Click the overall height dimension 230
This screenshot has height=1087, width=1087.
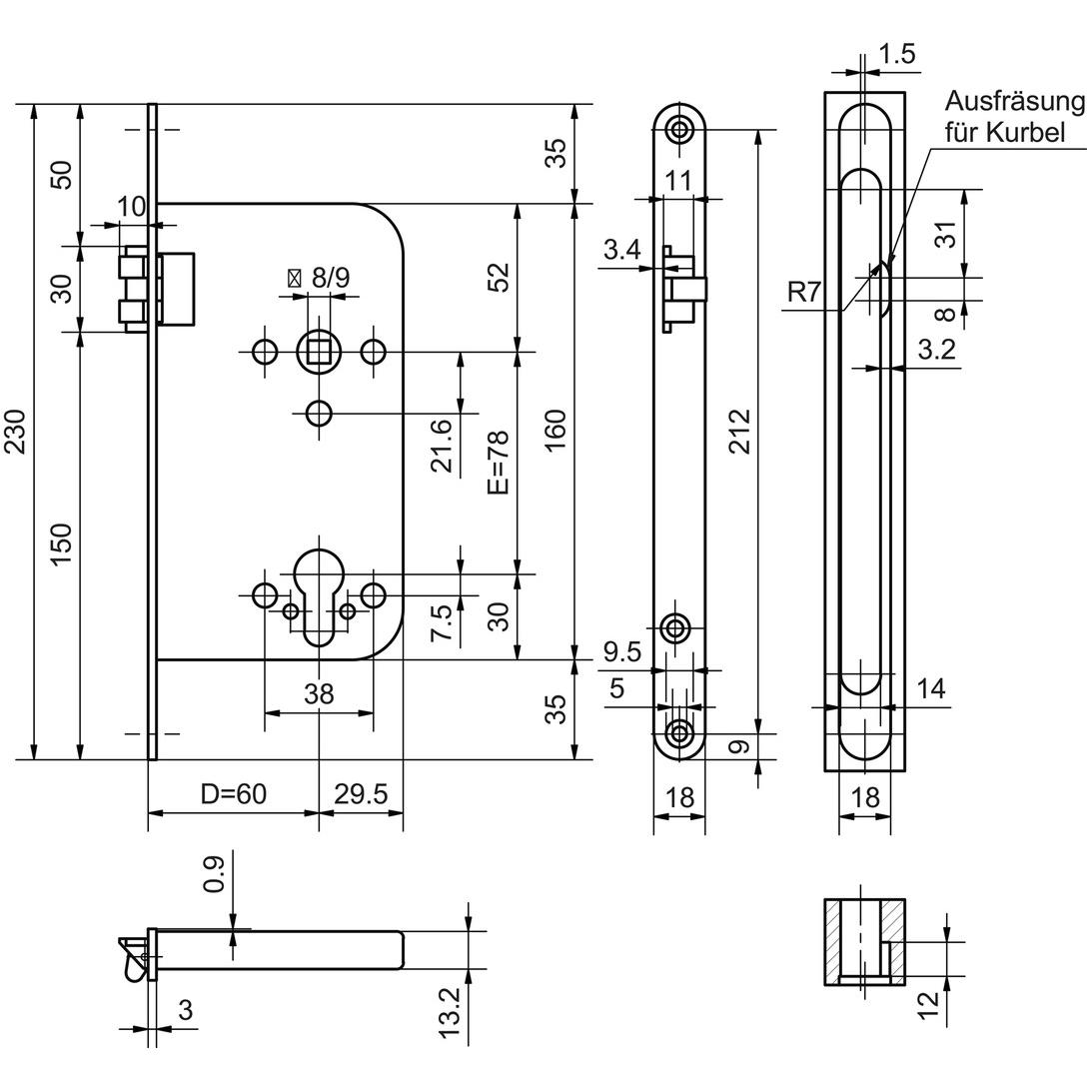pyautogui.click(x=15, y=432)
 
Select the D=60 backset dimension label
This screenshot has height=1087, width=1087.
pyautogui.click(x=233, y=794)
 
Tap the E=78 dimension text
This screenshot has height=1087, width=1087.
pyautogui.click(x=499, y=462)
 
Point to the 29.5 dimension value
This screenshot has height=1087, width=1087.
pyautogui.click(x=361, y=794)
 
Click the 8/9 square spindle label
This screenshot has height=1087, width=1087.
pyautogui.click(x=330, y=279)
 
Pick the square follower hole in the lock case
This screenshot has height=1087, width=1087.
pyautogui.click(x=319, y=351)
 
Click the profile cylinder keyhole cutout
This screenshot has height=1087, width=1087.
pyautogui.click(x=319, y=589)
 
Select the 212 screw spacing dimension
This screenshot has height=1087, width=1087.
pyautogui.click(x=739, y=432)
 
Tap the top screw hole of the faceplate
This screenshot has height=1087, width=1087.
pyautogui.click(x=680, y=129)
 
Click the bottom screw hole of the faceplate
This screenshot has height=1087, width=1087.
pyautogui.click(x=680, y=733)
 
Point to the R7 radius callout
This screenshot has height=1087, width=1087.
pyautogui.click(x=803, y=293)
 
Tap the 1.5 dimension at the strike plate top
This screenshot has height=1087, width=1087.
pyautogui.click(x=896, y=54)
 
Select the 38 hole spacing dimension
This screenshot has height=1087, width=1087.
pyautogui.click(x=319, y=694)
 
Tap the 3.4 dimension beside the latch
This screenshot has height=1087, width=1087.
pyautogui.click(x=621, y=251)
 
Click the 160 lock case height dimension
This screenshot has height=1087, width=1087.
pyautogui.click(x=556, y=432)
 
